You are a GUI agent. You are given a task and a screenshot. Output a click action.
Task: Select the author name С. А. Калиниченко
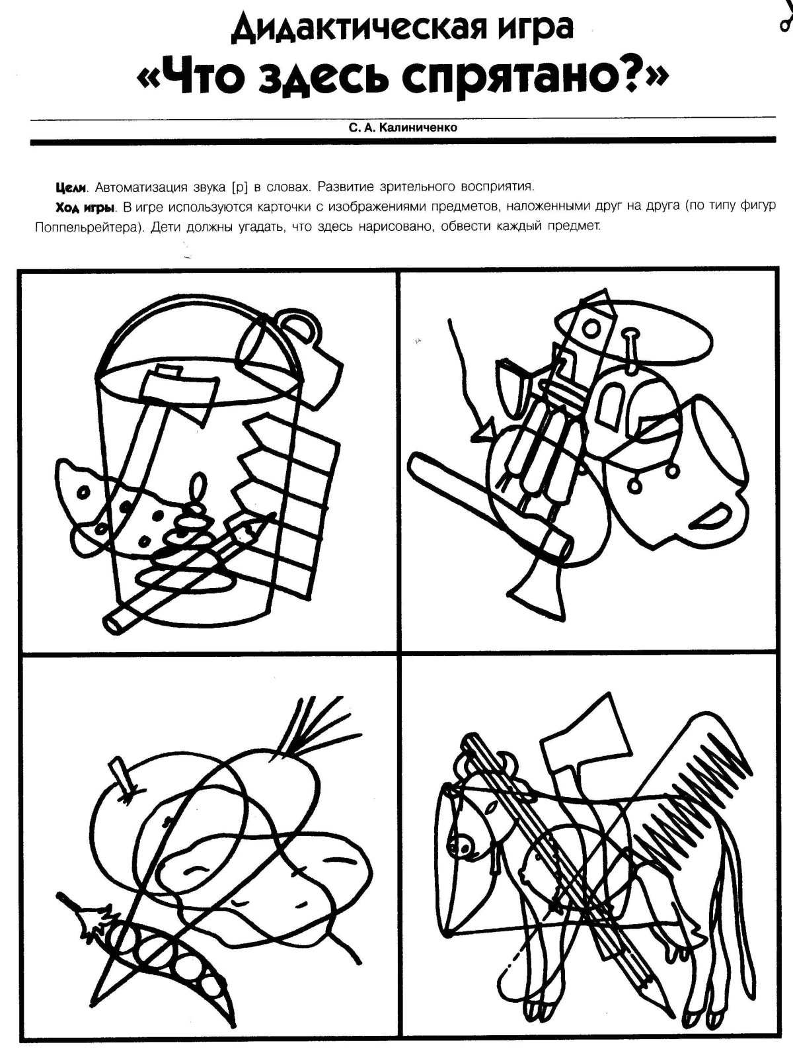(x=403, y=128)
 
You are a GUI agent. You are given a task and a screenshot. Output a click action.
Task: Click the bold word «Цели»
(x=71, y=187)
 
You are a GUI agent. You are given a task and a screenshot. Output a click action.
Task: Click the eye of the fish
(x=85, y=491)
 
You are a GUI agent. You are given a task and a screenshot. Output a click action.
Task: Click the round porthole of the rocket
(x=591, y=329)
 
